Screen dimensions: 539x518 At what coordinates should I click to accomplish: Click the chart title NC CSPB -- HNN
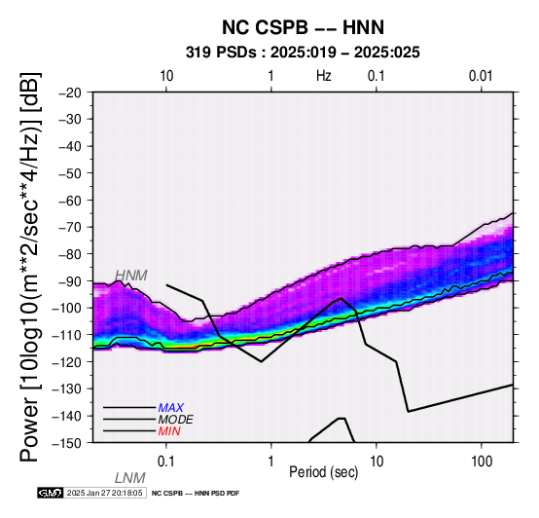(x=303, y=27)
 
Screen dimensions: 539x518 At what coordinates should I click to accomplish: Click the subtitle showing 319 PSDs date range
(x=303, y=53)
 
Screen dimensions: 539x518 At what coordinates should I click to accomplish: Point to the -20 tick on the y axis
(x=70, y=92)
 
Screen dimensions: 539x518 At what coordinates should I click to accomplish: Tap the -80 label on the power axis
(x=70, y=254)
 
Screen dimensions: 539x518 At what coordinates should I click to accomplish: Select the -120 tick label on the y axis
(x=67, y=362)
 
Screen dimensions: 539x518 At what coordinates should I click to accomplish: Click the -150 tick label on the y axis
(x=67, y=443)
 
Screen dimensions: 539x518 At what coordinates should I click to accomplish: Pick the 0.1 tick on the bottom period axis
(x=165, y=462)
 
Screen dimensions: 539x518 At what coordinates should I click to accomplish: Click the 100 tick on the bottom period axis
(x=482, y=462)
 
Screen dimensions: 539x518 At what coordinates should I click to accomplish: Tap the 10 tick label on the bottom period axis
(x=377, y=462)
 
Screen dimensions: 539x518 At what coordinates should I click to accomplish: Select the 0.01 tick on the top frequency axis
(x=481, y=76)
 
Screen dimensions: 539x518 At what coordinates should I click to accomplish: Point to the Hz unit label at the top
(x=324, y=76)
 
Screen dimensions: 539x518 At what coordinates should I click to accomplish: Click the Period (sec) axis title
(x=323, y=472)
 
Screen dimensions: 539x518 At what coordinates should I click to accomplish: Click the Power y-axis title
(x=29, y=267)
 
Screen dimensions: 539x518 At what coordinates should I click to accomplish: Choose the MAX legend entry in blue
(x=171, y=408)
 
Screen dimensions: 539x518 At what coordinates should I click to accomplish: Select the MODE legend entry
(x=176, y=420)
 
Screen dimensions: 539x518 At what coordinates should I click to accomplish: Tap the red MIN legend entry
(x=169, y=431)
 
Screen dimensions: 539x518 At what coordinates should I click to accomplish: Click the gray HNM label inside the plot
(x=131, y=276)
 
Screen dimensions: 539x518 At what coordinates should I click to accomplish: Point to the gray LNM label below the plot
(x=130, y=478)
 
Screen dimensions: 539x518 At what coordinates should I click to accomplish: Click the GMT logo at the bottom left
(x=51, y=493)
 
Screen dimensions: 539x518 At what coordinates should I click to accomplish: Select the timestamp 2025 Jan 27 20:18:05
(x=104, y=493)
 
